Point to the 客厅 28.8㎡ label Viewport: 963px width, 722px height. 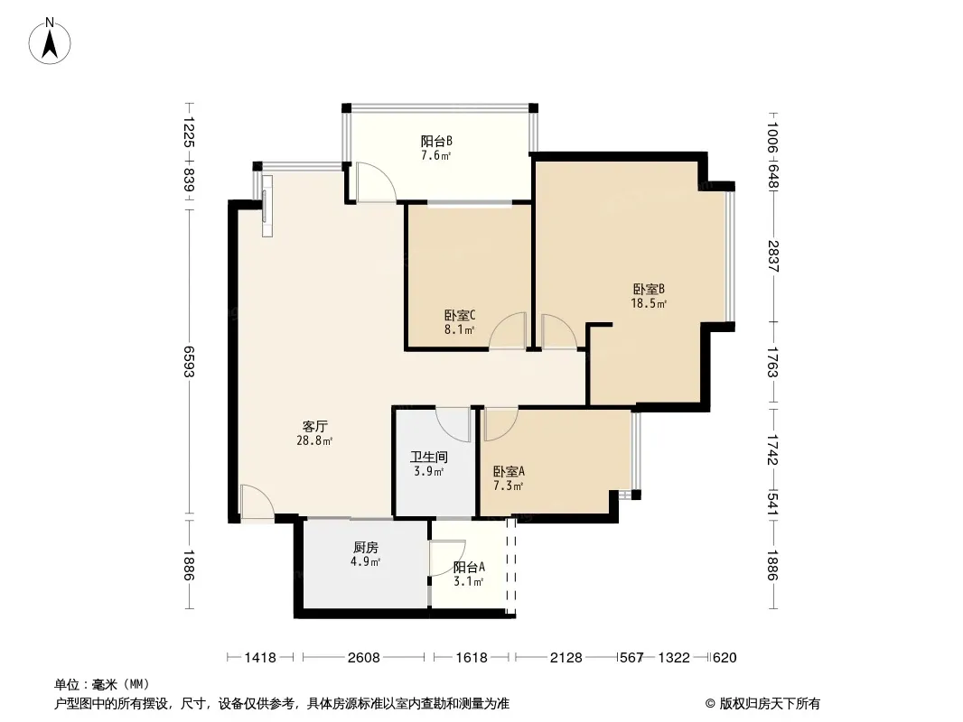(x=314, y=433)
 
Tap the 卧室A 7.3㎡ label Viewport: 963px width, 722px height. (x=509, y=479)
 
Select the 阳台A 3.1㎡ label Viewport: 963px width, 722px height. (x=469, y=574)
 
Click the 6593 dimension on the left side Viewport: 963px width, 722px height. (x=189, y=362)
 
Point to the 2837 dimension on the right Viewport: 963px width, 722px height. (x=773, y=256)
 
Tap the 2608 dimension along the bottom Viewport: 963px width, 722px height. (x=363, y=658)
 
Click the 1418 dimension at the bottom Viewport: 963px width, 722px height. (x=260, y=658)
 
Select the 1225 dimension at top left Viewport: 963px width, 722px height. (x=189, y=132)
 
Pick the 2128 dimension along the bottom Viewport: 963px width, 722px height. (x=566, y=658)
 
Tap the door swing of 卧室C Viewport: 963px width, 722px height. (x=508, y=331)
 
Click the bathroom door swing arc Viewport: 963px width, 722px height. (x=453, y=424)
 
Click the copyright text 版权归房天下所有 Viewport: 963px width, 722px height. (x=770, y=704)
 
